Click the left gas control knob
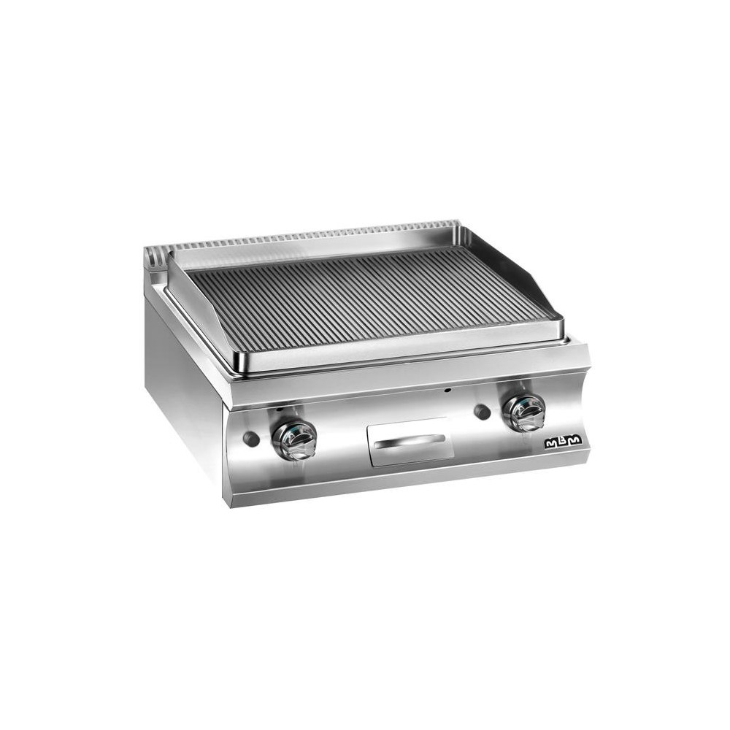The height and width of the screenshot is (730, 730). tap(294, 438)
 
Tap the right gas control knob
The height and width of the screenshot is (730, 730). tap(524, 413)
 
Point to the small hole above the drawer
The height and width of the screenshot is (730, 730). tap(448, 391)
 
